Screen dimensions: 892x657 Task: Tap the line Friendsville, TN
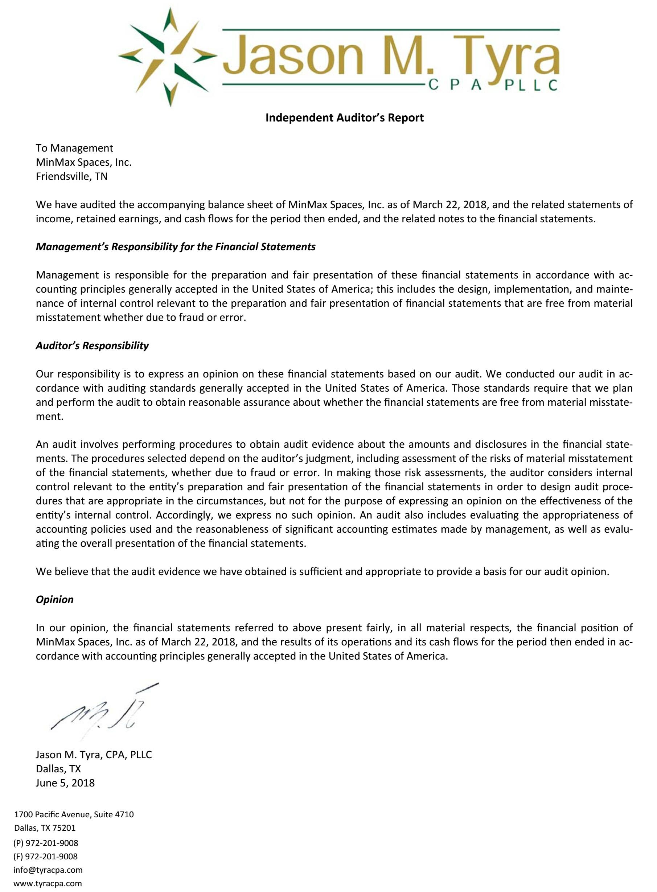pos(71,177)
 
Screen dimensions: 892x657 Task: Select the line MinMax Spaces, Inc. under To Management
pos(83,162)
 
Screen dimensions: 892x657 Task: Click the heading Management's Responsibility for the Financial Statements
pos(175,247)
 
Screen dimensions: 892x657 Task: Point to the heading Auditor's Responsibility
pos(92,346)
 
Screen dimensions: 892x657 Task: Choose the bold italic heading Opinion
pos(54,599)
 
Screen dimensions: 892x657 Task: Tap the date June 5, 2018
pos(65,783)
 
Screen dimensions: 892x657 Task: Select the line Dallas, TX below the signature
pos(58,769)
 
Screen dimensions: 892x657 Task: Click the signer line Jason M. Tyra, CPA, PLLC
pos(94,755)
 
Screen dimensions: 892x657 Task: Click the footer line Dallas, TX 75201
pos(45,828)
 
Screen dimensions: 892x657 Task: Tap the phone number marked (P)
pos(46,843)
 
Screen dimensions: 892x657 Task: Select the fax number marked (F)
pos(45,856)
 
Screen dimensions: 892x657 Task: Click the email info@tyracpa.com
pos(48,870)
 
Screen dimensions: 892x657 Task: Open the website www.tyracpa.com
pos(48,884)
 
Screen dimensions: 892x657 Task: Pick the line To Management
pos(74,148)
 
